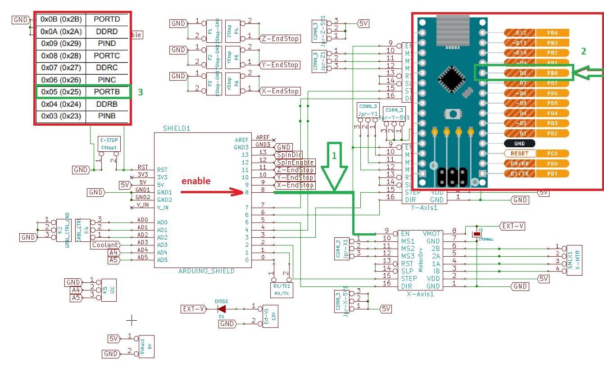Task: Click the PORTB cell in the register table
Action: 107,92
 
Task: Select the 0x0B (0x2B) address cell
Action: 61,19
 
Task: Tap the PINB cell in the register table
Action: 107,116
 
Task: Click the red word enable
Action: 196,181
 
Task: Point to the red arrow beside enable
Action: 212,192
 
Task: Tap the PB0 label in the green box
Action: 552,73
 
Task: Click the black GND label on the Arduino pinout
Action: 519,143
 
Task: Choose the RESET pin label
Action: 519,154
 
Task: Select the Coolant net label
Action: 105,245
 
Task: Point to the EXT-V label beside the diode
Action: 194,309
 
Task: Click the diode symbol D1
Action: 222,309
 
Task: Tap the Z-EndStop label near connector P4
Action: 280,39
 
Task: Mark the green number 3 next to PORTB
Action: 140,92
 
